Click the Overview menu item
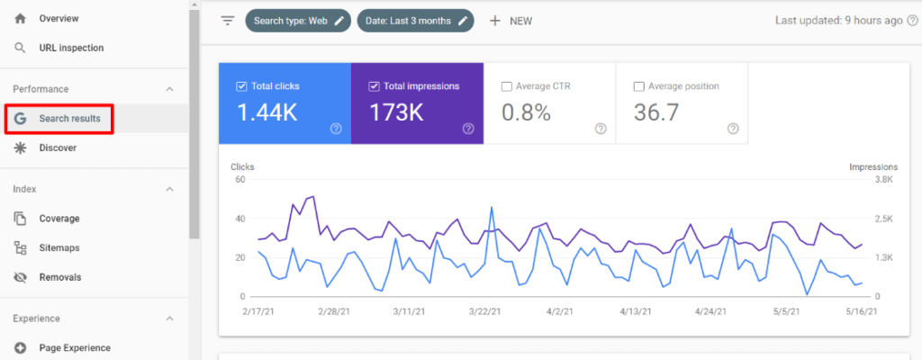[59, 18]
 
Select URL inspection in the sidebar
[71, 48]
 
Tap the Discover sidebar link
[58, 148]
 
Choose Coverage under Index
[59, 219]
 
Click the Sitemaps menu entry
[59, 247]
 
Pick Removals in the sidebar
[59, 277]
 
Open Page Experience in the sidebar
[75, 348]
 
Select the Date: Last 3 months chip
[415, 21]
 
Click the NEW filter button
[511, 21]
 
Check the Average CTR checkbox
[507, 86]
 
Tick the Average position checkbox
[639, 86]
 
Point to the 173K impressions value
[397, 112]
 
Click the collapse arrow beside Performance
[170, 89]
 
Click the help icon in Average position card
[733, 129]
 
